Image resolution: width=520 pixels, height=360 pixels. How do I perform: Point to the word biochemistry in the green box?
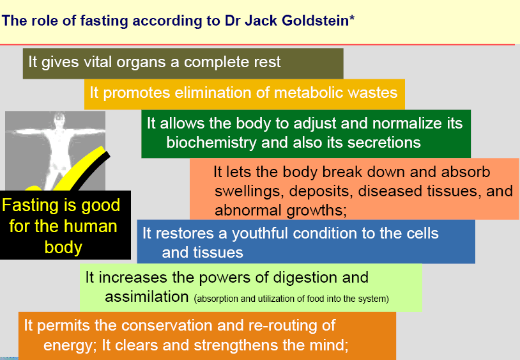(211, 143)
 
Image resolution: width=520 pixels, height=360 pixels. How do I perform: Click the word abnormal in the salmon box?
(249, 210)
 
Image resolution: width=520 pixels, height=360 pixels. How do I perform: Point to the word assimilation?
(146, 297)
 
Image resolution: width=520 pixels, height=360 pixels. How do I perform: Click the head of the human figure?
(59, 117)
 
